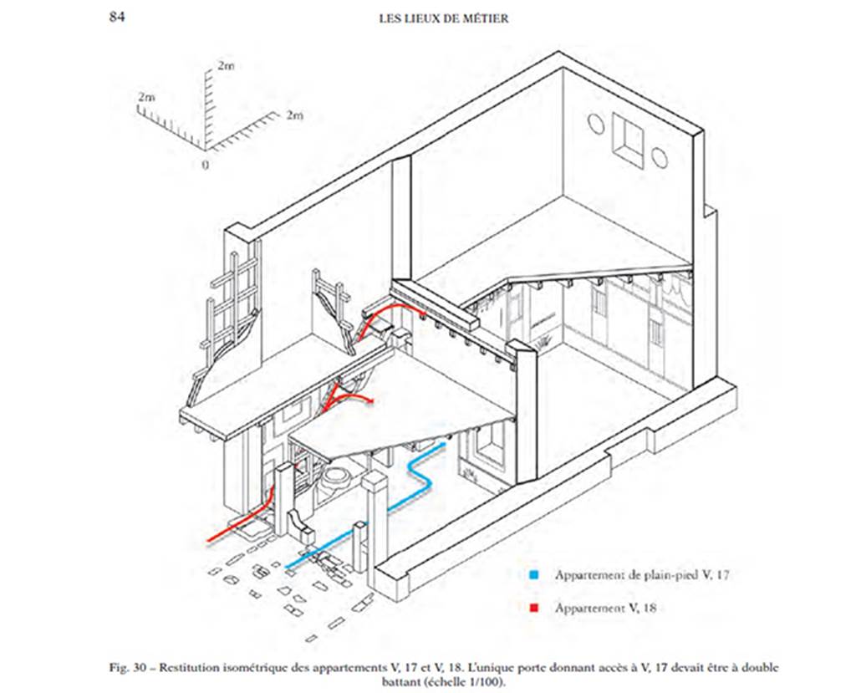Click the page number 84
tap(118, 17)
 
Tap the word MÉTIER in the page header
tap(482, 18)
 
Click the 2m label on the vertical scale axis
tap(225, 64)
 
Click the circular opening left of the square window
tap(596, 125)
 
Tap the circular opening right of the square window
tap(659, 156)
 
